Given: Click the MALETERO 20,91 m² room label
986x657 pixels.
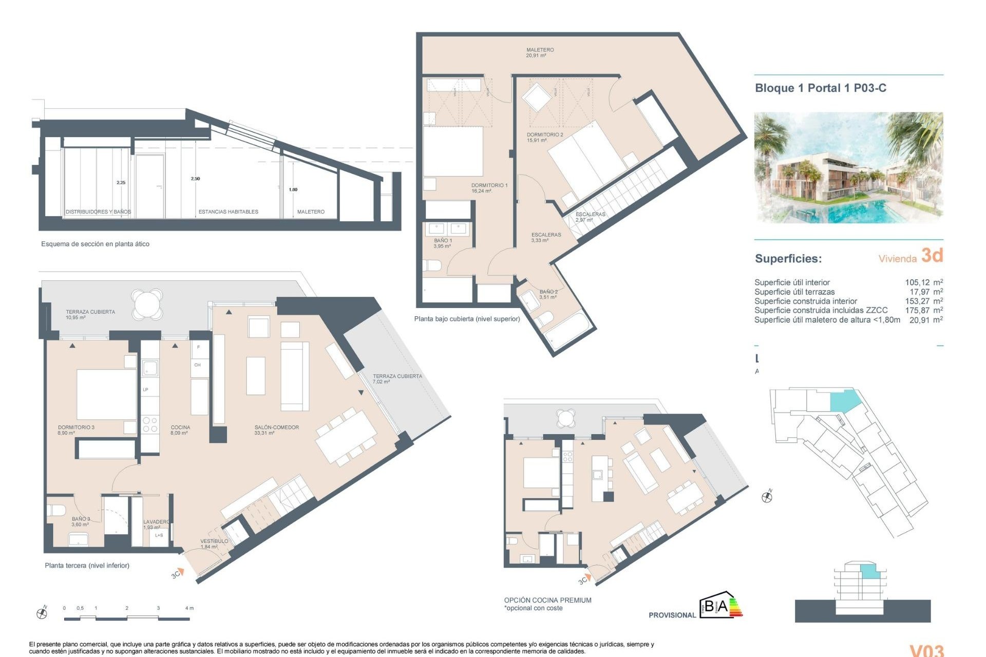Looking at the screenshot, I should pyautogui.click(x=539, y=52).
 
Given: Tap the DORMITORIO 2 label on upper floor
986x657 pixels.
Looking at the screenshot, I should pyautogui.click(x=544, y=137).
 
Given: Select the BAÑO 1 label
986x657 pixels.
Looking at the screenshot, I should pyautogui.click(x=443, y=243).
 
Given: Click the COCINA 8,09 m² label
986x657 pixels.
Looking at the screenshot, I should pyautogui.click(x=180, y=430).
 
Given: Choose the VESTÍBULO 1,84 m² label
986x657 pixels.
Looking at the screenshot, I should pyautogui.click(x=214, y=544).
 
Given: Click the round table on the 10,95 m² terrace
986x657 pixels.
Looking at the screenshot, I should pyautogui.click(x=147, y=304).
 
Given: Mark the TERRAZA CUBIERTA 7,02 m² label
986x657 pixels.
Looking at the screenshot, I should pyautogui.click(x=397, y=379).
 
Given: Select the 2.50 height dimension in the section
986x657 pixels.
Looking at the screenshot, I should pyautogui.click(x=195, y=179).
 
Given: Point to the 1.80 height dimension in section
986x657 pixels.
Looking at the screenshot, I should pyautogui.click(x=293, y=189).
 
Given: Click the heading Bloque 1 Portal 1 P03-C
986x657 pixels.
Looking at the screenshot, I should pyautogui.click(x=820, y=88).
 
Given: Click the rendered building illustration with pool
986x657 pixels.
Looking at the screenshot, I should pyautogui.click(x=848, y=167).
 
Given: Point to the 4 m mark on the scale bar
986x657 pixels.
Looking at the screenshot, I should pyautogui.click(x=189, y=608).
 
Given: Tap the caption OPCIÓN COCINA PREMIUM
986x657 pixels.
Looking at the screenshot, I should pyautogui.click(x=547, y=600).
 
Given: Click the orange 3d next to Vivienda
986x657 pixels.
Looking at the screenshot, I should pyautogui.click(x=932, y=255).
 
